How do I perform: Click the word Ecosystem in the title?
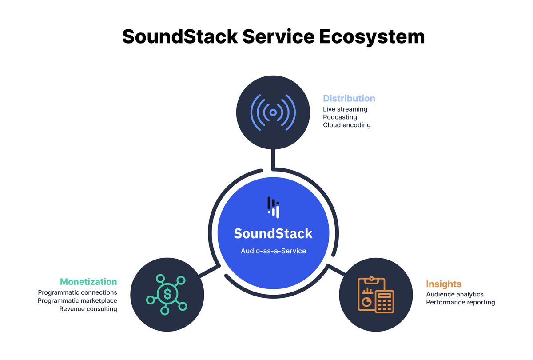click(x=372, y=36)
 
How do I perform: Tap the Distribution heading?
click(x=349, y=99)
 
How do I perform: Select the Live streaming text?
click(x=345, y=109)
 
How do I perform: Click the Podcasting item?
click(x=340, y=117)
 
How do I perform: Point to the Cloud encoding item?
click(x=346, y=125)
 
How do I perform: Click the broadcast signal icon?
click(x=273, y=113)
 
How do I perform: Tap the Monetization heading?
click(x=88, y=282)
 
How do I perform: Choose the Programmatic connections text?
click(x=78, y=292)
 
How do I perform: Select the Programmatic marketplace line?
click(x=77, y=300)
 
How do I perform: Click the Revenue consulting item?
click(x=88, y=308)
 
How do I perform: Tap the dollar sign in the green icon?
click(x=167, y=294)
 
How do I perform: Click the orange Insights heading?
click(x=444, y=284)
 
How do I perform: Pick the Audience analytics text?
click(x=454, y=294)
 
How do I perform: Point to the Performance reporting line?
click(x=460, y=302)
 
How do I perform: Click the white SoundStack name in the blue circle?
click(x=273, y=233)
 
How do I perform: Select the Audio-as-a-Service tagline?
click(x=273, y=251)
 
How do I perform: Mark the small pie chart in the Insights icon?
click(x=367, y=302)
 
